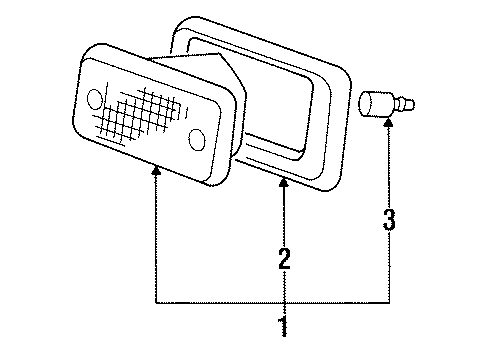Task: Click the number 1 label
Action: pyautogui.click(x=283, y=326)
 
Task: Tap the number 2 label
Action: pyautogui.click(x=284, y=260)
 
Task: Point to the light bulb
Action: pyautogui.click(x=376, y=104)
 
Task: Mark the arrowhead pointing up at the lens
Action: pyautogui.click(x=156, y=173)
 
